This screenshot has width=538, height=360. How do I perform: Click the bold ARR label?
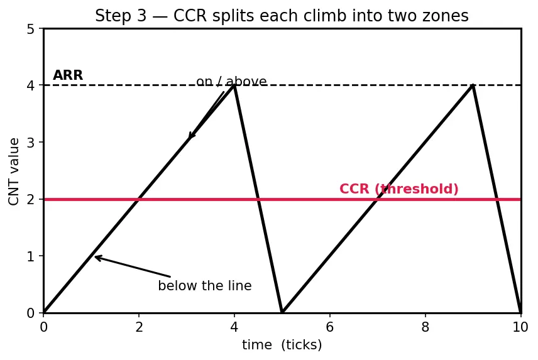68,75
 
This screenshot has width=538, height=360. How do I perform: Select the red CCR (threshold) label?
398,189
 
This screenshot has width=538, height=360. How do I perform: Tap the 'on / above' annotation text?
231,82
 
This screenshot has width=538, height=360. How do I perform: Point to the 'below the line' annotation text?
205,286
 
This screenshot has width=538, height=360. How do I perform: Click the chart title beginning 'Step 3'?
282,16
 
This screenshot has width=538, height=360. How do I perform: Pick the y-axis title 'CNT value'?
14,172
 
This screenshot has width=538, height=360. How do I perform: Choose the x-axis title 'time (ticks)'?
282,345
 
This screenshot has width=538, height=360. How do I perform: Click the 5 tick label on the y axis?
31,29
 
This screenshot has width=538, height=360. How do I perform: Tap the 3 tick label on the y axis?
31,142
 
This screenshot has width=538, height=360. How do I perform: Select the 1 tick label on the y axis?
31,256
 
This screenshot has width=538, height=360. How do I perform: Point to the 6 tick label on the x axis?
330,327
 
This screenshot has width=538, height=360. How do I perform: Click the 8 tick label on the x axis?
425,327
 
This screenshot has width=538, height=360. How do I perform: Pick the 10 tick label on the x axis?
520,327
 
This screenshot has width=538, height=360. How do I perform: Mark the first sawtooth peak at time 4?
234,85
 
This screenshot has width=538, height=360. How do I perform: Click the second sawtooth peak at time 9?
473,85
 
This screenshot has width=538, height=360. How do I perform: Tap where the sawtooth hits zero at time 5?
282,312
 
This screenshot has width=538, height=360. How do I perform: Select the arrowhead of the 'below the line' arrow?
96,257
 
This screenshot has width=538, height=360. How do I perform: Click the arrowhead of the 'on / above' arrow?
190,137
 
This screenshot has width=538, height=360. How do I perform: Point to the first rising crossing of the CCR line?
139,199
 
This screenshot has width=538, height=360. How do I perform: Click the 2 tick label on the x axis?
139,327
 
